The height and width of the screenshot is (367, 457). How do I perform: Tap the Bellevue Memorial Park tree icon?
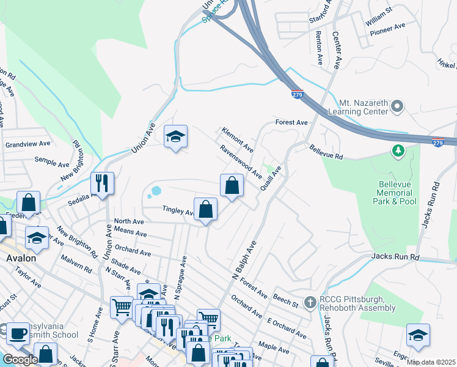tap(398, 150)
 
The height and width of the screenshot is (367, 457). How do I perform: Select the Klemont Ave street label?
tap(238, 140)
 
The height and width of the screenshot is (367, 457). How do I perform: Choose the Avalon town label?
tap(21, 258)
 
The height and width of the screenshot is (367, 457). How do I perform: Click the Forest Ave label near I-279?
tap(291, 122)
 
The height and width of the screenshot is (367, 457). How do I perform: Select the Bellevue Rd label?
tap(326, 152)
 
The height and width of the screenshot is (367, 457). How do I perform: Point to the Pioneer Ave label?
tap(391, 27)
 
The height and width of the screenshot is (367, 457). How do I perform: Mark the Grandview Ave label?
tap(27, 144)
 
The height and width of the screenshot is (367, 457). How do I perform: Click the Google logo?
tap(20, 360)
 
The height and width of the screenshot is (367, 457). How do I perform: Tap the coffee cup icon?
tap(18, 333)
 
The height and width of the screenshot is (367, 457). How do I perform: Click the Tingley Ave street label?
tap(177, 210)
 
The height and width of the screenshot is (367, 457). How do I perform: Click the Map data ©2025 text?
tap(431, 362)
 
